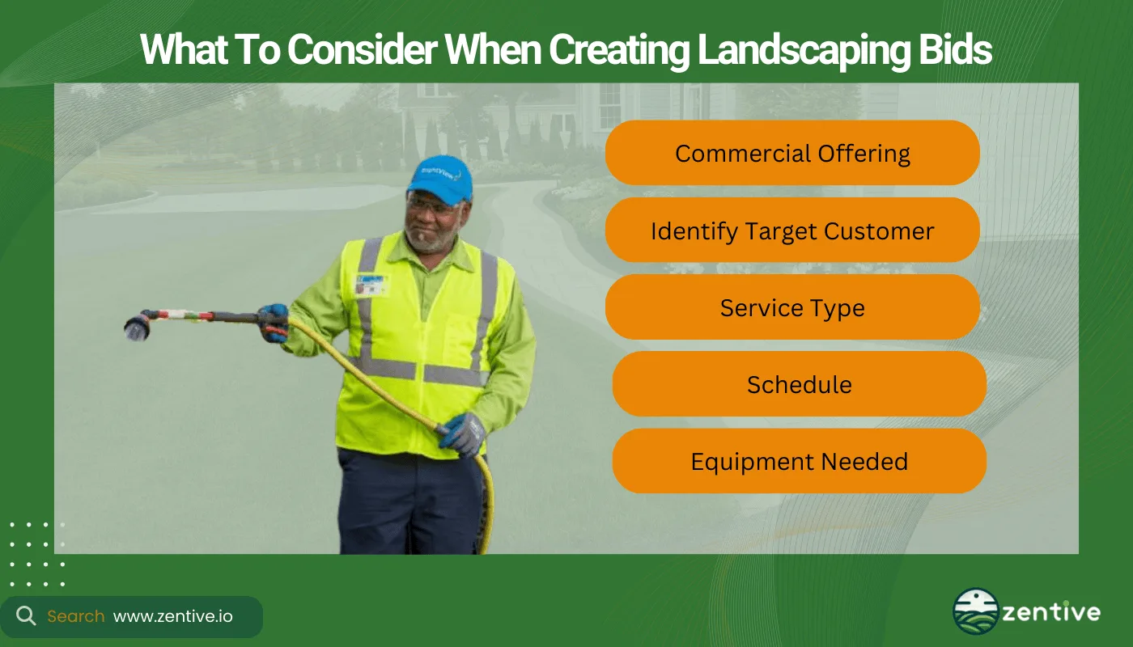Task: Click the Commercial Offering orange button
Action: point(792,154)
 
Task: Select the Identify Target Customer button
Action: point(792,231)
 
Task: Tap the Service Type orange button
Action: point(792,308)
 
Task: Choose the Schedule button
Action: point(799,384)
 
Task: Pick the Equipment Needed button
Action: point(799,462)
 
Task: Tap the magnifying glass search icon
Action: point(26,616)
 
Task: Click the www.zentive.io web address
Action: point(172,616)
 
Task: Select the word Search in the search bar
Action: point(75,616)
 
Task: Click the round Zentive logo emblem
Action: point(975,611)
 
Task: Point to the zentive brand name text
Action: point(1051,612)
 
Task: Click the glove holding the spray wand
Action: point(274,322)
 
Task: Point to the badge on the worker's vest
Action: point(371,285)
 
